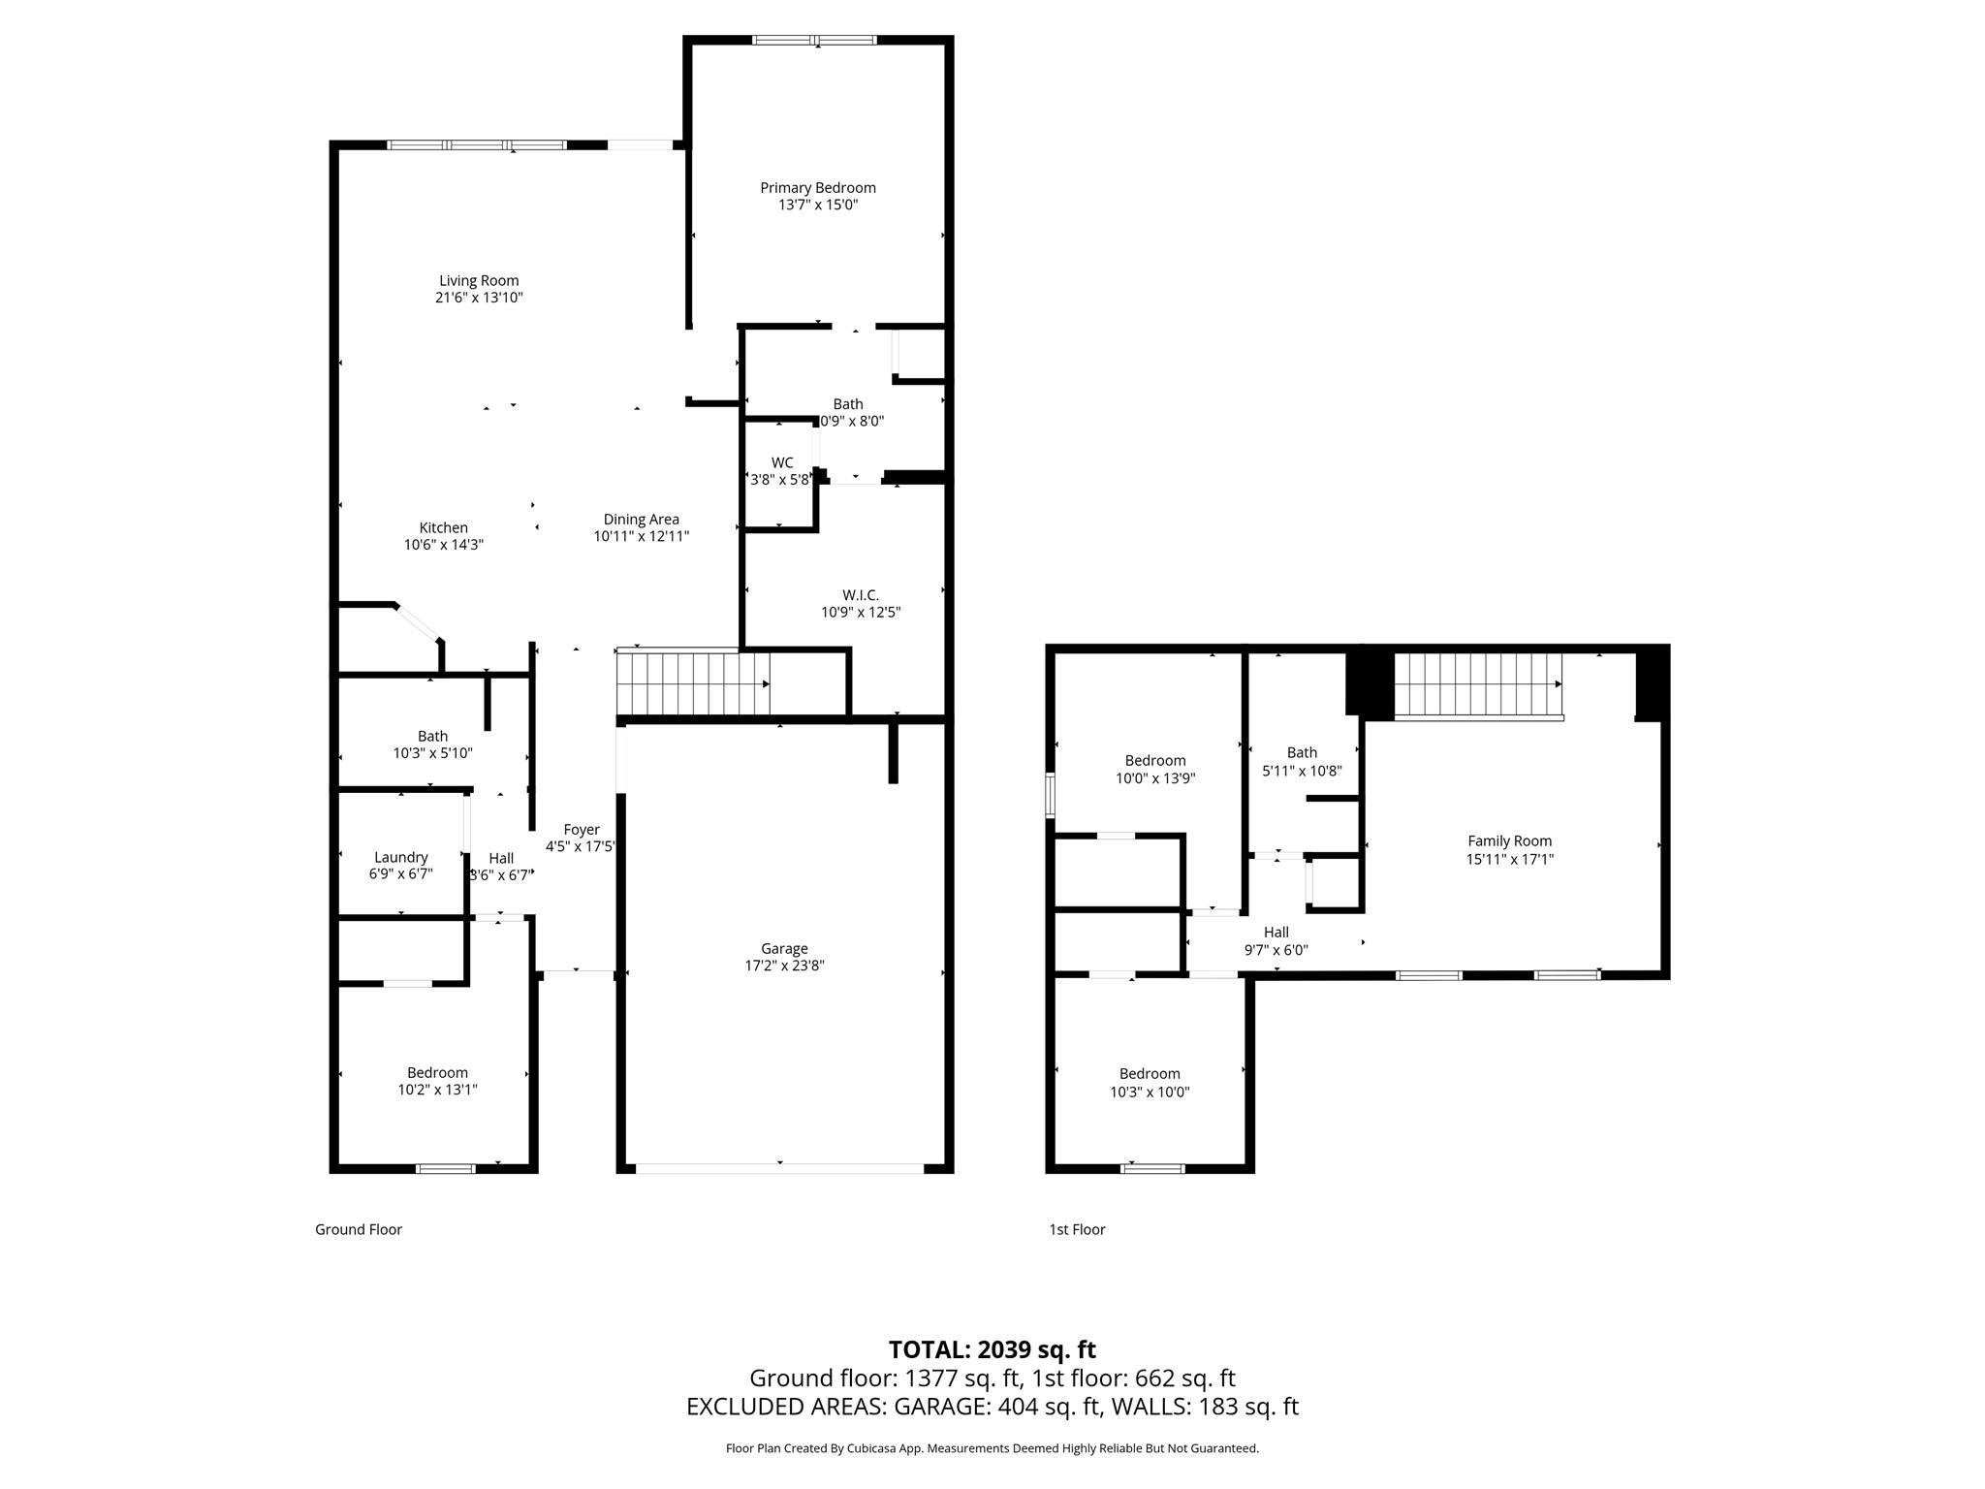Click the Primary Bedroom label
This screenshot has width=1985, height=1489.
pos(817,188)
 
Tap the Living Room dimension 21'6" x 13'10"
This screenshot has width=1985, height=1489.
pos(479,298)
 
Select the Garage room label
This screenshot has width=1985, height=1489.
pos(783,948)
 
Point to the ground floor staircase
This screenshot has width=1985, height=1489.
pos(692,682)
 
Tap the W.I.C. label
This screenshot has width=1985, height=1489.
pos(860,595)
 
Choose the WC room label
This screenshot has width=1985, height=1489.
pos(781,462)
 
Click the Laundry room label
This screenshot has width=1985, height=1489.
pos(400,857)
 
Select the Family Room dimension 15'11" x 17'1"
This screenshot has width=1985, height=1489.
pos(1509,859)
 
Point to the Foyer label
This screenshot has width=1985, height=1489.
pos(582,830)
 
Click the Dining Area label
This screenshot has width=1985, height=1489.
pos(641,520)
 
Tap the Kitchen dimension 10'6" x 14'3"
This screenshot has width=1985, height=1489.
pos(443,545)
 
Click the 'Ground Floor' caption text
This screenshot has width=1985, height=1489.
pos(358,1229)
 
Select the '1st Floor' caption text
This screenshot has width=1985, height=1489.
pos(1076,1229)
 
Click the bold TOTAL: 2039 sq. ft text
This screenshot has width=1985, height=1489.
pos(992,1349)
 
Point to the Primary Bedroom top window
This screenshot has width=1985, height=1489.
pos(814,41)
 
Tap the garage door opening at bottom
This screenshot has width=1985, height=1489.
pos(780,1168)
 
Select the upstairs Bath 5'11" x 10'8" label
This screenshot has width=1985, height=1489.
pos(1302,752)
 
